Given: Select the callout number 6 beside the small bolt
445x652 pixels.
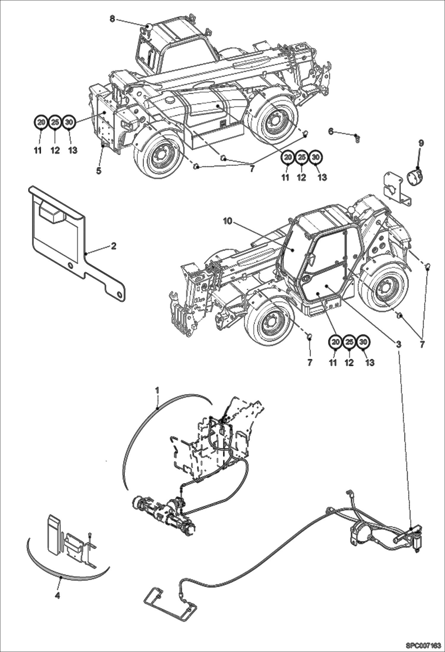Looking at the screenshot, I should click(331, 131).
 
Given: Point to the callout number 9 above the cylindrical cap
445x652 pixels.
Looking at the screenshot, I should click(421, 143).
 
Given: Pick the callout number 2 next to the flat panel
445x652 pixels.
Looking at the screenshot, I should click(113, 246).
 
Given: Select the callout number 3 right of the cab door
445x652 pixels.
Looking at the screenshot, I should click(398, 344).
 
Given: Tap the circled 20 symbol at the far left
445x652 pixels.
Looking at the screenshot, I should click(42, 122).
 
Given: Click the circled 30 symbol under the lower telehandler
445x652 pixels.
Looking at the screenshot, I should click(363, 342).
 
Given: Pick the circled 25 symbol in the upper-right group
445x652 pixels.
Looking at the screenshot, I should click(302, 157).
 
